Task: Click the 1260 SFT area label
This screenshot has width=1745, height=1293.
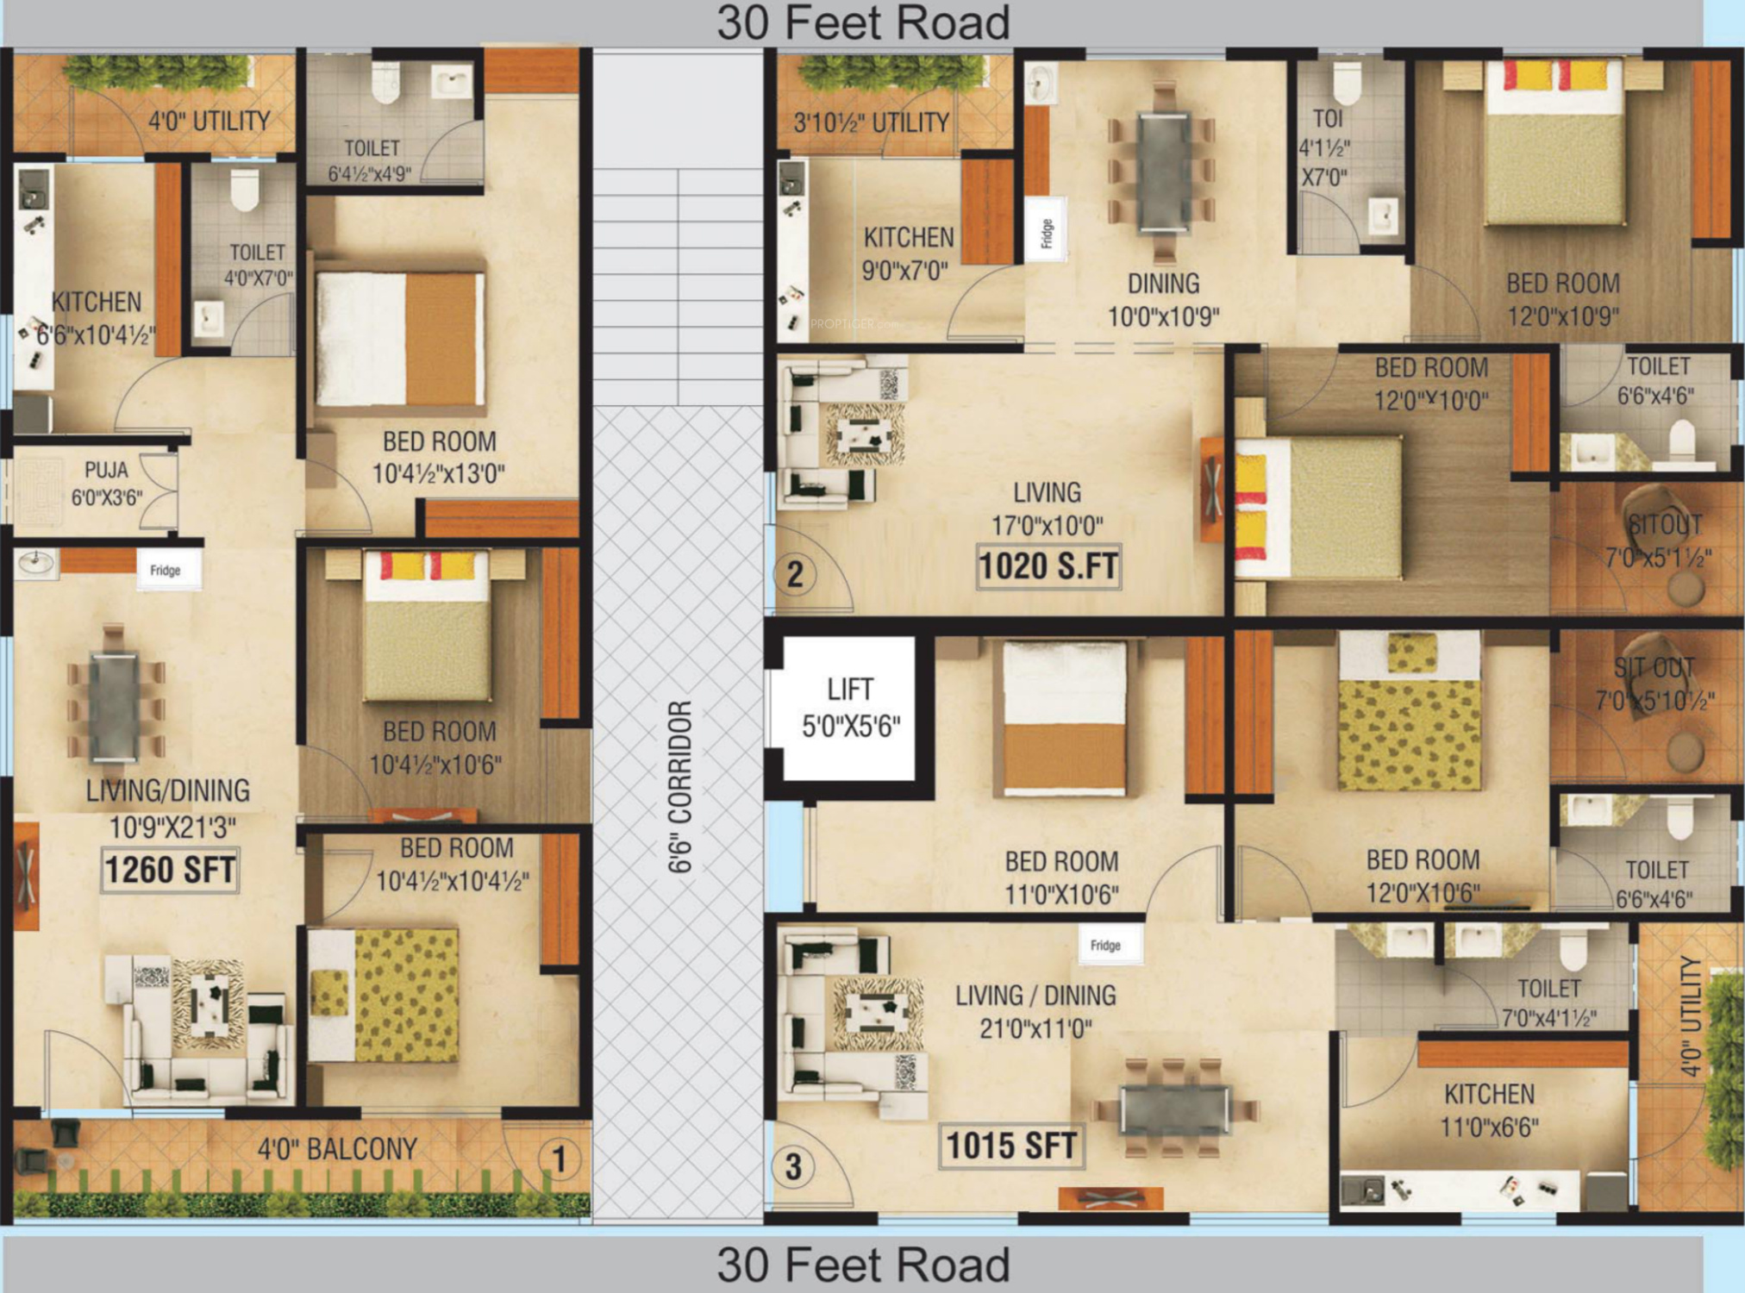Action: (x=170, y=870)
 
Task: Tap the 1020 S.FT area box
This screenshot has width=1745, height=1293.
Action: (x=1048, y=567)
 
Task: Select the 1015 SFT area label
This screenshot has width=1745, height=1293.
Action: (x=1011, y=1146)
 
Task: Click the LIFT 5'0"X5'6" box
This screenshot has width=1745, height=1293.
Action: (x=850, y=709)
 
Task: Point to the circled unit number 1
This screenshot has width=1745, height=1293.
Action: (x=559, y=1159)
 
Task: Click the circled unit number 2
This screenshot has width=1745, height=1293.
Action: (x=795, y=574)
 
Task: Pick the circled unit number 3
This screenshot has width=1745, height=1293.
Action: (x=793, y=1167)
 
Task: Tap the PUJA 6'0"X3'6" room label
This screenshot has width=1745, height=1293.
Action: (x=107, y=484)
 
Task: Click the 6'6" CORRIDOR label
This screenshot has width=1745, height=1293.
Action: (x=680, y=786)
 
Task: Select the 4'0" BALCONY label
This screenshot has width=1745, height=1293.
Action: (x=337, y=1149)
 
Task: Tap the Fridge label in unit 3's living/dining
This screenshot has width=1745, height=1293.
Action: (x=1105, y=946)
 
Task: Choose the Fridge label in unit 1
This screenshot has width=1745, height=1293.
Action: (x=166, y=570)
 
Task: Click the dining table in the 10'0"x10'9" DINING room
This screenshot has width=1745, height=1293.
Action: (x=1163, y=172)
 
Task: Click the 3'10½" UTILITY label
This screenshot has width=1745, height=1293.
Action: (x=871, y=122)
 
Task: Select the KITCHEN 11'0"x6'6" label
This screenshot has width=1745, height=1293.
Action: (x=1490, y=1110)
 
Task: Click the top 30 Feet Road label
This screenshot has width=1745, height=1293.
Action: (x=863, y=23)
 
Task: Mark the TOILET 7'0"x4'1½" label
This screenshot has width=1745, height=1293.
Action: (x=1549, y=1003)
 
